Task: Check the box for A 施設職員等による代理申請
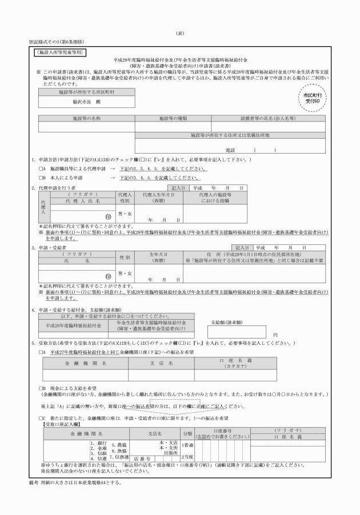point(42,170)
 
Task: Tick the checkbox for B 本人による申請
point(42,178)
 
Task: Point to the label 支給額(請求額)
point(226,322)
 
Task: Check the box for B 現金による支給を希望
point(42,388)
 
